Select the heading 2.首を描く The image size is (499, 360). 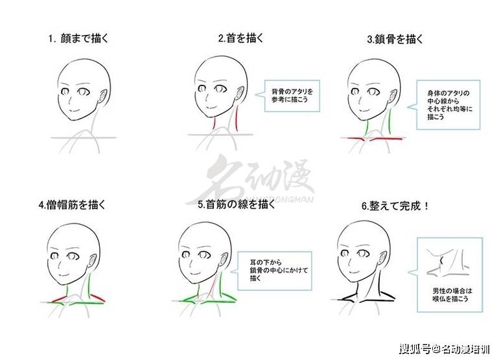pyautogui.click(x=241, y=38)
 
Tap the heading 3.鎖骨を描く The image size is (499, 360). pyautogui.click(x=395, y=39)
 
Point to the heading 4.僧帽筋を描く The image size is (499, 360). pyautogui.click(x=72, y=205)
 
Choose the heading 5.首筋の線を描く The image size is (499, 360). pyautogui.click(x=236, y=204)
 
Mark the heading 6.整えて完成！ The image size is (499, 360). pyautogui.click(x=395, y=206)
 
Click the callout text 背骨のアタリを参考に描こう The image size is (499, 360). pyautogui.click(x=292, y=95)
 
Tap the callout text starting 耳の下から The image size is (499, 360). pyautogui.click(x=279, y=270)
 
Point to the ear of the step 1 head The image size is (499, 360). pyautogui.click(x=104, y=96)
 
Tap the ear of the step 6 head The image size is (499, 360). pyautogui.click(x=384, y=257)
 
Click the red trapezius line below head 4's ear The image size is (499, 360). pyautogui.click(x=97, y=297)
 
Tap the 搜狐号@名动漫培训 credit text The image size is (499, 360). pyautogui.click(x=445, y=349)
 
